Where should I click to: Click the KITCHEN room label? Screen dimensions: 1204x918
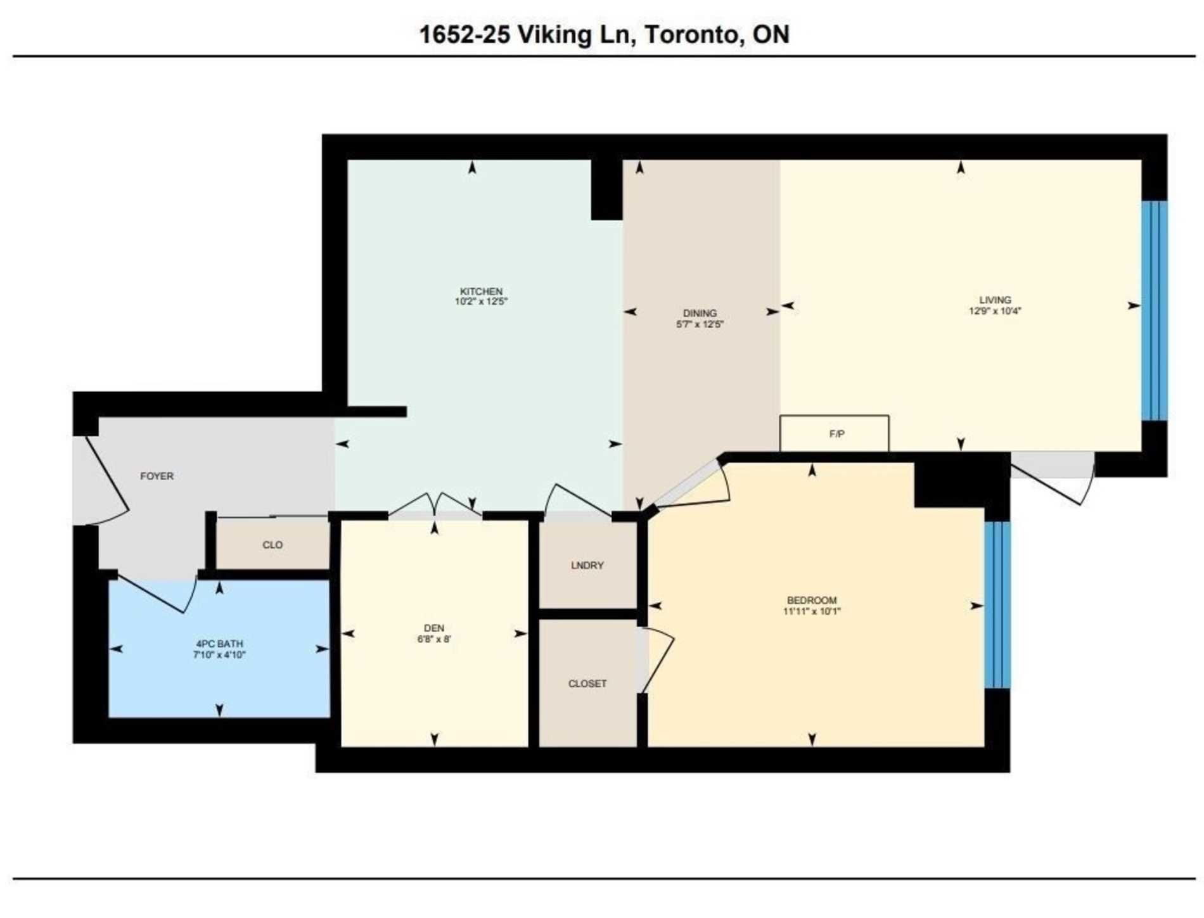click(x=481, y=291)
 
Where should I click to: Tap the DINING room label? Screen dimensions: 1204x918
click(x=700, y=313)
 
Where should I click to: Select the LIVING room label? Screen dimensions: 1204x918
click(x=995, y=300)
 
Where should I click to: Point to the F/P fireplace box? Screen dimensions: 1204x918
click(x=834, y=433)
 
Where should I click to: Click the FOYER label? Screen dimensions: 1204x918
click(x=157, y=476)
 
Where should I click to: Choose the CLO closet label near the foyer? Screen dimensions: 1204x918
click(x=272, y=545)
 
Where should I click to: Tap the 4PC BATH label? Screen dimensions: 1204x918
click(x=219, y=644)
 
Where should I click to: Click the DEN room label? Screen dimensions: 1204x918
click(x=434, y=628)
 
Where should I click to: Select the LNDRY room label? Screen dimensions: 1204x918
click(x=587, y=565)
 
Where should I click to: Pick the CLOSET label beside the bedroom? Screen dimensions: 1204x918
click(x=587, y=684)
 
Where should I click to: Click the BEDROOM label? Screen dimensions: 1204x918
click(x=812, y=600)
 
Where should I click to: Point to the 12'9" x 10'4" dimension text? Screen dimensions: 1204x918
click(x=995, y=311)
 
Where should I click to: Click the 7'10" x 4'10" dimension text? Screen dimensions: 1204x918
click(x=219, y=654)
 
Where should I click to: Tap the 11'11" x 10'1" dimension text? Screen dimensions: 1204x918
click(x=812, y=611)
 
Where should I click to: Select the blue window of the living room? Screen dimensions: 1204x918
click(x=1154, y=310)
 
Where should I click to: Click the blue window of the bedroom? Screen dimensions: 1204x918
click(x=997, y=604)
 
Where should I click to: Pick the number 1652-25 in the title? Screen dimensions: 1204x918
click(x=464, y=34)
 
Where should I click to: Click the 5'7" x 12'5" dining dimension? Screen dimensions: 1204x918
click(x=700, y=324)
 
